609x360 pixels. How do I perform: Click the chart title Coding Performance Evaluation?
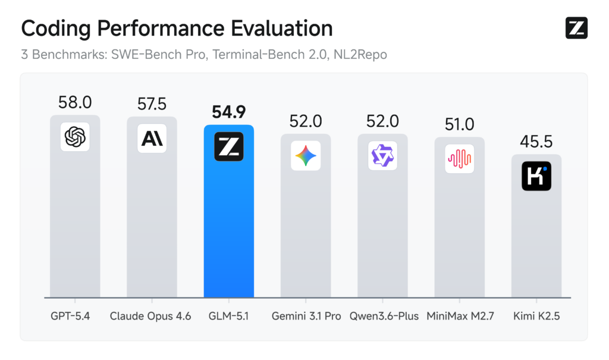[177, 29]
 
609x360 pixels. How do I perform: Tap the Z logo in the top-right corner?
[576, 28]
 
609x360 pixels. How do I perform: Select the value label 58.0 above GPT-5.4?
[75, 102]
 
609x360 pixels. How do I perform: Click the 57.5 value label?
[152, 104]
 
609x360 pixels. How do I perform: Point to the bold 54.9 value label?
[228, 112]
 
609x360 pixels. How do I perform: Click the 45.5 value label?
[536, 142]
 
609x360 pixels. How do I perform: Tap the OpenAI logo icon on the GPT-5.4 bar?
[75, 137]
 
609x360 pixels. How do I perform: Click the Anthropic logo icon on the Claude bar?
[152, 139]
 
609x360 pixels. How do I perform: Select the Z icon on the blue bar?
[228, 146]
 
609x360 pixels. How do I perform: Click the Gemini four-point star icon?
[306, 156]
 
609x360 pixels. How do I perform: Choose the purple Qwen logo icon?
[382, 156]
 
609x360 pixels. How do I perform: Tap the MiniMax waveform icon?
[459, 159]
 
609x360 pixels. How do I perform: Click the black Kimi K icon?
[536, 176]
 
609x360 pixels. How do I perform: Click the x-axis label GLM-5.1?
[228, 316]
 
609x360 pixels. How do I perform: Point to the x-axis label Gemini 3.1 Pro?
[306, 316]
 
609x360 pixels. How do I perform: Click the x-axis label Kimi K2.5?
[536, 316]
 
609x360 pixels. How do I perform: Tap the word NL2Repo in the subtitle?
[363, 55]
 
